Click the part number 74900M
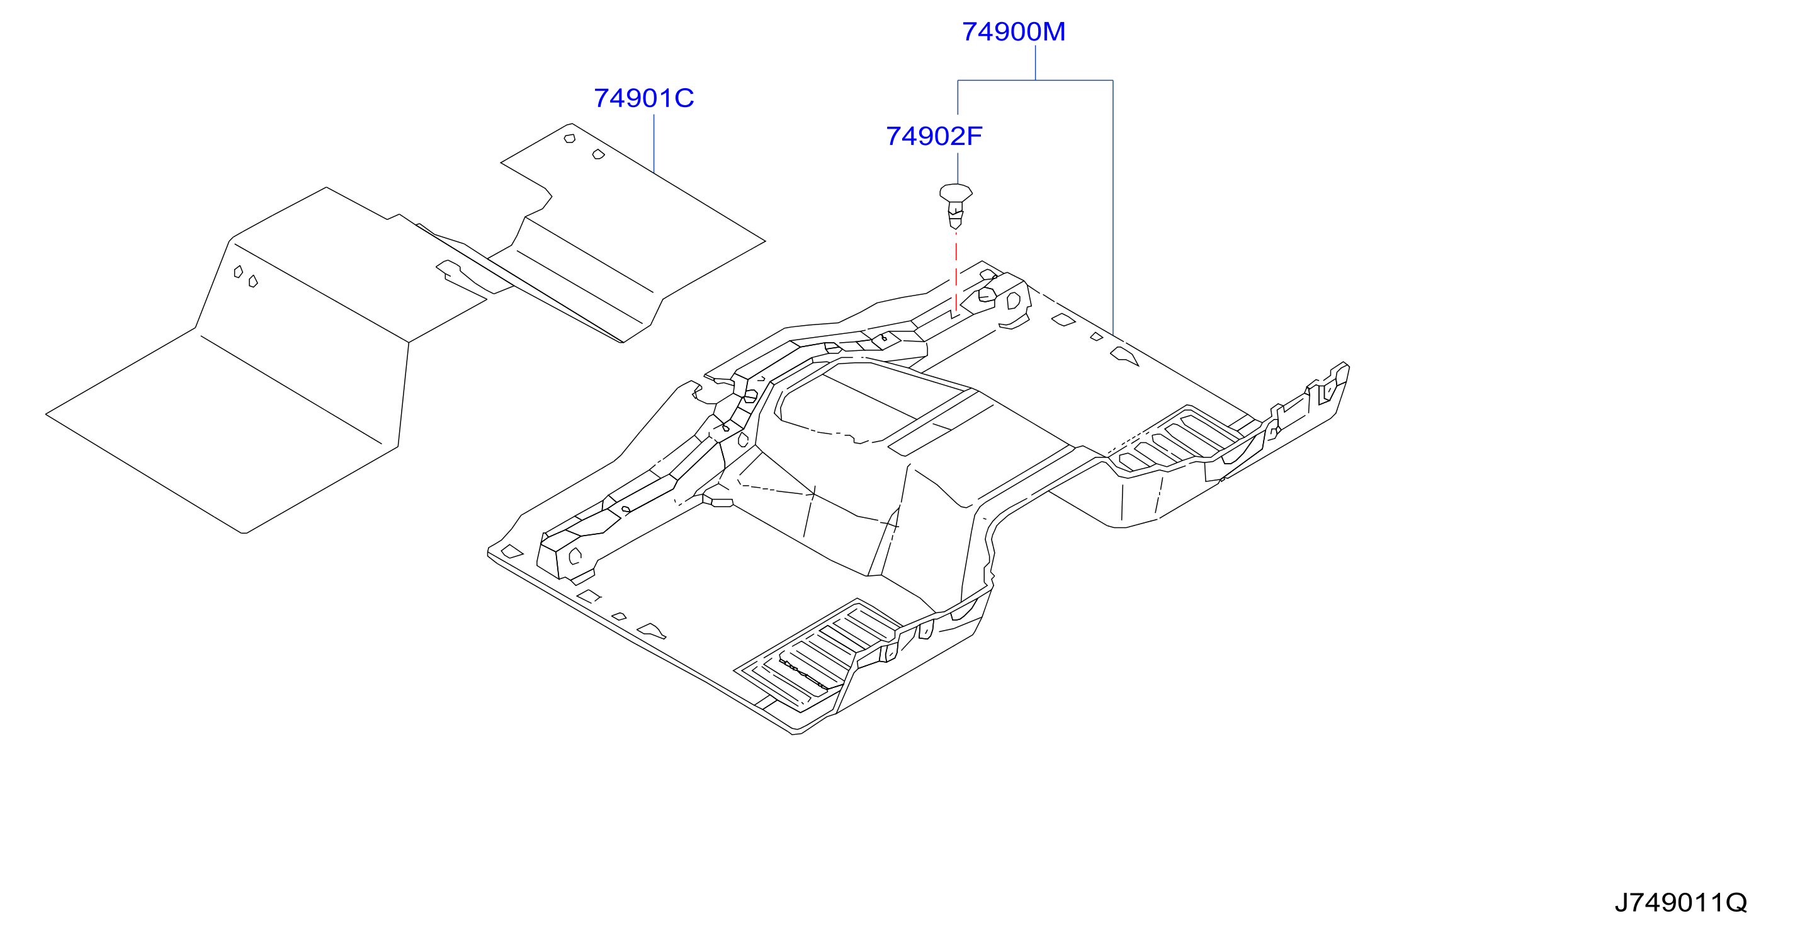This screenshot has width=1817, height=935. tap(1014, 32)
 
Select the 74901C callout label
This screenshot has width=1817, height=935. tap(644, 98)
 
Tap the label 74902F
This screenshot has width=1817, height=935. tap(934, 136)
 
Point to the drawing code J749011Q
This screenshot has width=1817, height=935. tap(1681, 902)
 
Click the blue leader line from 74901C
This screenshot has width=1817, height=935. tap(654, 144)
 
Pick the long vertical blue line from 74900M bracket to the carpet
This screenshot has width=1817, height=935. tap(1113, 207)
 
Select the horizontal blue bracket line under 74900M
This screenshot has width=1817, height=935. tap(1036, 81)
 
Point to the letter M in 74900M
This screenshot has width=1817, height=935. tap(1054, 32)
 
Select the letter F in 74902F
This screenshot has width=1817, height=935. tap(974, 136)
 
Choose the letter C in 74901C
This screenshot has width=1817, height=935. tap(684, 98)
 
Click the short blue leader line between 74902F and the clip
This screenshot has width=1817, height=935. tap(958, 169)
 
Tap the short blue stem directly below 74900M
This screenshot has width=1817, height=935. tap(1036, 63)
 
